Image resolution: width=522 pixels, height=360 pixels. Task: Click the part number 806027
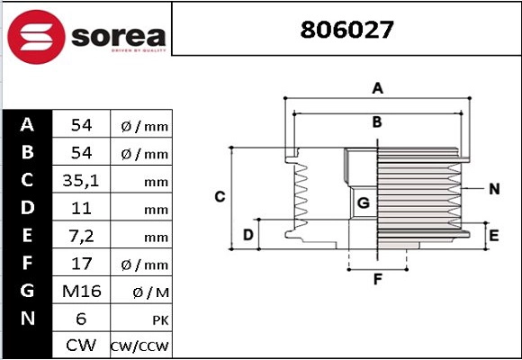tap(346, 30)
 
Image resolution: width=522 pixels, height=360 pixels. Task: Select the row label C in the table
tap(27, 180)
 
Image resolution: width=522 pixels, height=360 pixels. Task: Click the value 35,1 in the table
tap(81, 181)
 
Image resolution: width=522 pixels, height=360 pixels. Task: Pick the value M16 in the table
tap(81, 291)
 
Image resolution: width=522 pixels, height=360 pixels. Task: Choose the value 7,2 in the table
tap(81, 236)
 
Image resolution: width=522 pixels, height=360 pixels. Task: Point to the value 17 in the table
tap(81, 264)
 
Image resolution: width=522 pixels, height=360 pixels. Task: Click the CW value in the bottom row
tap(81, 346)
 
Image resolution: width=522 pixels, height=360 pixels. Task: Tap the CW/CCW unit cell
tap(139, 346)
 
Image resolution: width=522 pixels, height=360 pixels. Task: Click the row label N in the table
tap(27, 319)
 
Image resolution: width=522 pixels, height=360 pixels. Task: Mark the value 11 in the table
tap(81, 209)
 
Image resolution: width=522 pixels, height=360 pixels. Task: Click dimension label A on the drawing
tap(378, 88)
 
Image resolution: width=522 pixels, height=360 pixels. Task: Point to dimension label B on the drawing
tap(378, 121)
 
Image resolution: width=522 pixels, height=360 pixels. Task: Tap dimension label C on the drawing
tap(219, 196)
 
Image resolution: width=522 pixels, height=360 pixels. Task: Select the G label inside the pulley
tap(364, 203)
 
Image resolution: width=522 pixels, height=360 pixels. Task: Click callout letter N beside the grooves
tap(494, 189)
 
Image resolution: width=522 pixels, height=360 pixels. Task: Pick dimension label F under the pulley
tap(378, 279)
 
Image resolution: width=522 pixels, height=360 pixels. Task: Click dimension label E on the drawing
tap(493, 236)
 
